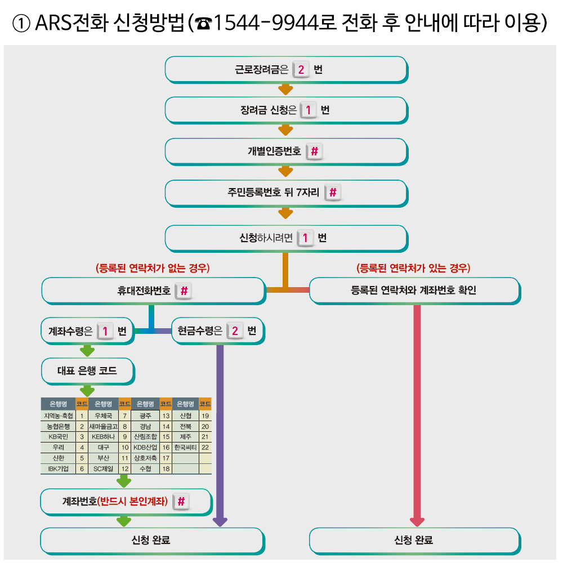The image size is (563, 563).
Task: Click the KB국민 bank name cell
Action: pos(58,436)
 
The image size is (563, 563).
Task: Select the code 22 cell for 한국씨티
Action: pos(205,447)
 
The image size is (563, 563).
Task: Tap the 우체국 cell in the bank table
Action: pos(103,415)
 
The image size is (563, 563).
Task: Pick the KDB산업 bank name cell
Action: pos(145,447)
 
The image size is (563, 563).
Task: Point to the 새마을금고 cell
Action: pos(103,426)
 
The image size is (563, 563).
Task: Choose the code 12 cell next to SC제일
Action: pos(125,468)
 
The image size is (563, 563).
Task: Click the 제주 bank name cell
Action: pos(186,436)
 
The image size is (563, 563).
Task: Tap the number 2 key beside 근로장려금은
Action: pos(301,70)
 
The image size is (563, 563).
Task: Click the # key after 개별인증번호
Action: pos(314,151)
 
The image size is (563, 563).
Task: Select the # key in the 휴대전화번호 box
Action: pos(184,291)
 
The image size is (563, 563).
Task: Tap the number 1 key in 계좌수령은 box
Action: pos(105,331)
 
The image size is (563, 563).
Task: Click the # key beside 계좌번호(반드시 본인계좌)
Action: pos(181,501)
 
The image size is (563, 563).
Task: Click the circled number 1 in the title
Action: pos(23,24)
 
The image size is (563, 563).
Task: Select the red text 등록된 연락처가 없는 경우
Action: pos(153,268)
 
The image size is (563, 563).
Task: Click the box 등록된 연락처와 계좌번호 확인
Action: pos(414,291)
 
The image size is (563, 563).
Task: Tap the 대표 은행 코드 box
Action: pos(87,371)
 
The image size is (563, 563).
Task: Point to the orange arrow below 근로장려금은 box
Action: pos(285,89)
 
